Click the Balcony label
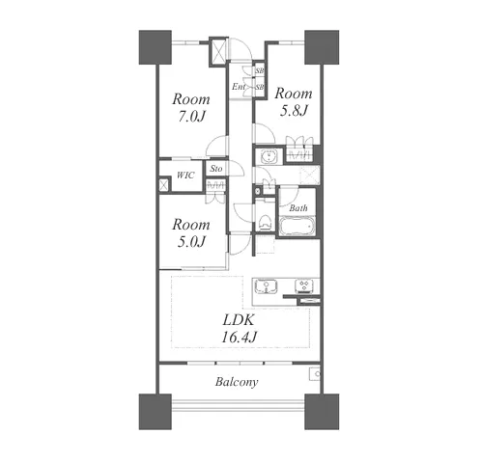[x=237, y=382]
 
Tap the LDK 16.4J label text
[x=239, y=329]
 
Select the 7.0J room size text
[x=191, y=117]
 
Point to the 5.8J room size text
[x=294, y=111]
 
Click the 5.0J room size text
[x=191, y=242]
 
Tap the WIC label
[x=185, y=176]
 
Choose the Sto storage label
[x=216, y=169]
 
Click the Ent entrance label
[x=239, y=87]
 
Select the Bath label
[x=298, y=208]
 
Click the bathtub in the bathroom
[x=297, y=227]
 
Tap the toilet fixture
[x=264, y=222]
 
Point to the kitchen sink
[x=266, y=286]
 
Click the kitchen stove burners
[x=304, y=285]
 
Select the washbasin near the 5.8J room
[x=268, y=156]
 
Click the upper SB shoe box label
[x=260, y=70]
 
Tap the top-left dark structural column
[x=155, y=47]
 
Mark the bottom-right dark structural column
[x=322, y=412]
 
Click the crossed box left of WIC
[x=164, y=185]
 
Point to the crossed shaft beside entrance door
[x=218, y=52]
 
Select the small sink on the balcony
[x=315, y=373]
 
